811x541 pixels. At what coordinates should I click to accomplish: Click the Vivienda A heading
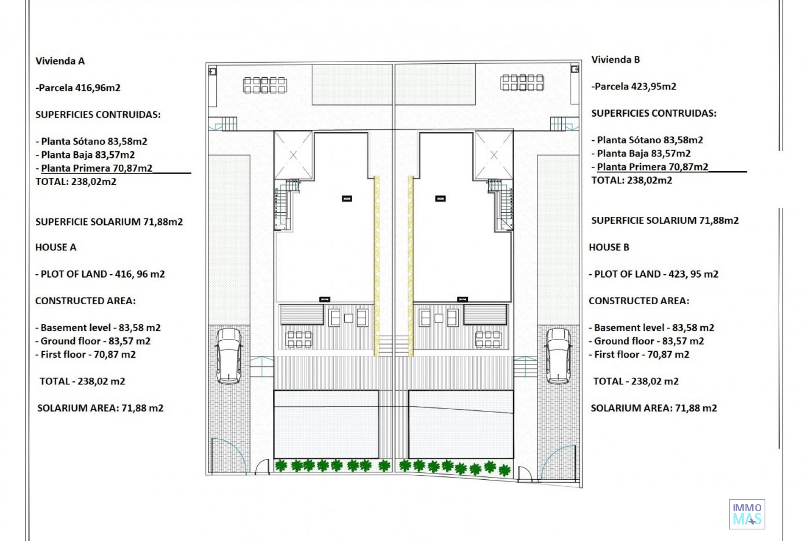60,61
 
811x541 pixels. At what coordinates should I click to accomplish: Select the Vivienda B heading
615,60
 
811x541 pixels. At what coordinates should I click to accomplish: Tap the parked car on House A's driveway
229,356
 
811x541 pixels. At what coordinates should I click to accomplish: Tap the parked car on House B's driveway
558,356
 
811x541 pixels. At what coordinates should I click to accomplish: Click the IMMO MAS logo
747,514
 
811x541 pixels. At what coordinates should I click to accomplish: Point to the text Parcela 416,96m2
79,88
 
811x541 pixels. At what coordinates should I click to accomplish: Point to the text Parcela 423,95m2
635,87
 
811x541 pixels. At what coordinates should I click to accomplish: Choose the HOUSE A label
56,247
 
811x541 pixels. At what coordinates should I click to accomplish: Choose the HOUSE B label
609,247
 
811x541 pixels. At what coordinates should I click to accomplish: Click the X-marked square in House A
293,155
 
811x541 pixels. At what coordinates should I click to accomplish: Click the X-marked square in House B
494,155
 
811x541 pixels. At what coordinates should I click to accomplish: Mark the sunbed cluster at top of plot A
265,85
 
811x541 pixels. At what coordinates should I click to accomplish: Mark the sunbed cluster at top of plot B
522,83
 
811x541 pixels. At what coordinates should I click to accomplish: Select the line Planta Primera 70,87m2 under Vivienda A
97,168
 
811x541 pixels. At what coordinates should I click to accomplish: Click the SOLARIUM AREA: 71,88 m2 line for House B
654,408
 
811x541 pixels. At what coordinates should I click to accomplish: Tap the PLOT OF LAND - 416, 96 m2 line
100,274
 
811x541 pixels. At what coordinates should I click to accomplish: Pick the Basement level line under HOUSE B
651,328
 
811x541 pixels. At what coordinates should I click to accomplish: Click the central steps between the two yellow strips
394,345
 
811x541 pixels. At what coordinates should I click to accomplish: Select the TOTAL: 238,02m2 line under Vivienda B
631,180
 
